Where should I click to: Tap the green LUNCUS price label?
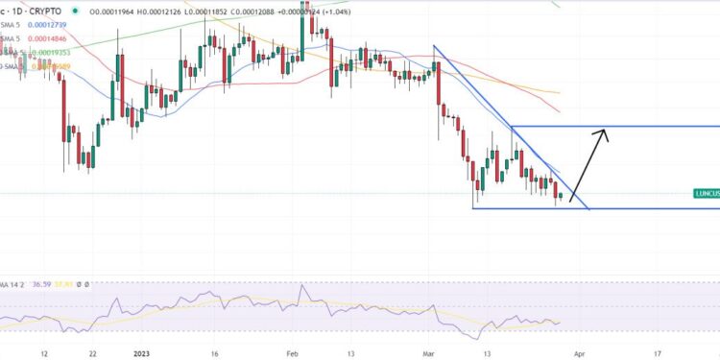click(705, 193)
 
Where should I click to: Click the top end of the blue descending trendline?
click(434, 46)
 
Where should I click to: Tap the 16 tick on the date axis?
click(214, 353)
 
